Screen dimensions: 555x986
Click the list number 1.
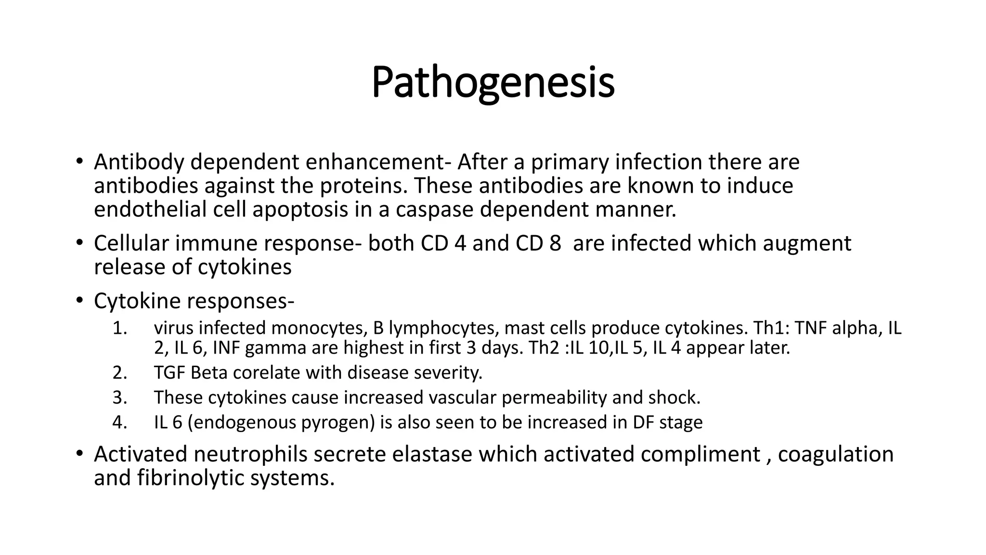pyautogui.click(x=119, y=329)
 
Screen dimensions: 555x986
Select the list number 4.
pyautogui.click(x=119, y=423)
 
